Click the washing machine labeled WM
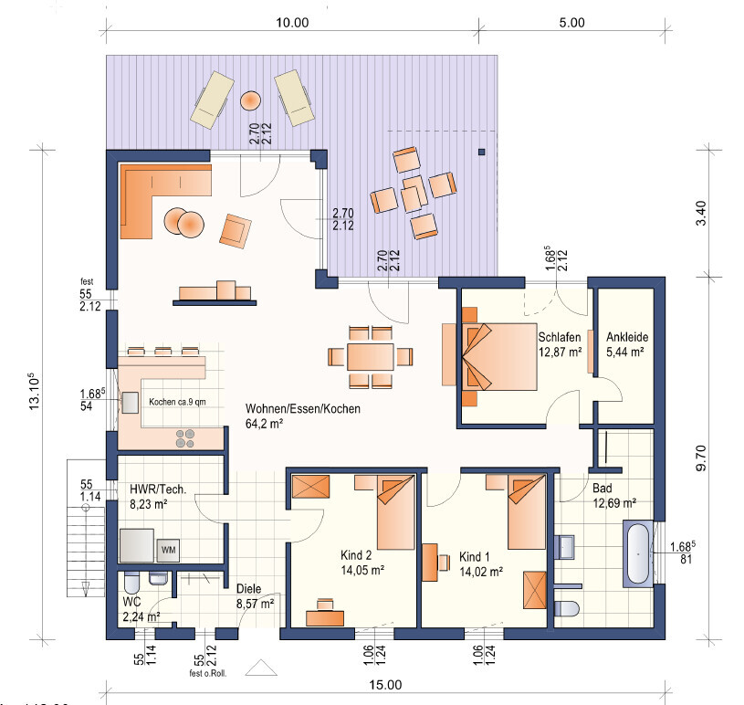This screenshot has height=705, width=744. pos(168,551)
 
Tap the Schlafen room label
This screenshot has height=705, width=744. pos(559,337)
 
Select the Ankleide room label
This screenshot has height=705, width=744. pos(627,337)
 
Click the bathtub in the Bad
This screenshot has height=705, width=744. pos(638,554)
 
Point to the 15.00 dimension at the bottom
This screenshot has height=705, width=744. pos(385,685)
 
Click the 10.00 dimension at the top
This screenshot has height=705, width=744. pos(292,22)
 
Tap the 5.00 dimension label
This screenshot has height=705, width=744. pos(571,22)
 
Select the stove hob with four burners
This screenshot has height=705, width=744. pos(185,438)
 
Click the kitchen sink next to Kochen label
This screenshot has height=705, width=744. pos(130,403)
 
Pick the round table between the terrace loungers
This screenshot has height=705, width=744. pos(250,100)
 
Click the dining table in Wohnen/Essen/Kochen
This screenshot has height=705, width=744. pos(370,357)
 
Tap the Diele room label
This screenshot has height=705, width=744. pos(248,589)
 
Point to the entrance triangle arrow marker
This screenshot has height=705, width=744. pos(261,668)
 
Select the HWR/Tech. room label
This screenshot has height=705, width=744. pos(158,489)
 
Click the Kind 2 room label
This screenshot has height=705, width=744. pos(356,555)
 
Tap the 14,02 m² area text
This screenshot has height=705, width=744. pos(481,572)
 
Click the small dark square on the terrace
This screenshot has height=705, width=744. pos(482,152)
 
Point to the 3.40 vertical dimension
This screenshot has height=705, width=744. pos(701,213)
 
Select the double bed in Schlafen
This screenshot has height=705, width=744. pos(498,357)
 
